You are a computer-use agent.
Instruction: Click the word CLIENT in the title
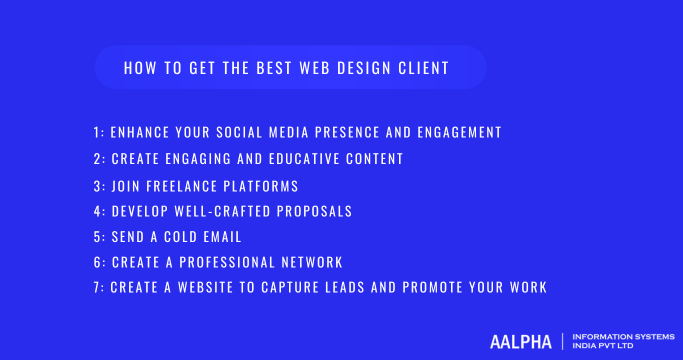421,68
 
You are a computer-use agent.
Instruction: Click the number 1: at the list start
98,132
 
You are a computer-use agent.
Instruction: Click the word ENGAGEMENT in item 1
451,132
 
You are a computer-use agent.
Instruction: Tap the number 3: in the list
98,185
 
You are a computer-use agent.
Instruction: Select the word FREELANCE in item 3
183,185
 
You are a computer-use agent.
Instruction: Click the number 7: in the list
98,288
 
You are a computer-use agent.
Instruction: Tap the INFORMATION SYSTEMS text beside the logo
621,335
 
